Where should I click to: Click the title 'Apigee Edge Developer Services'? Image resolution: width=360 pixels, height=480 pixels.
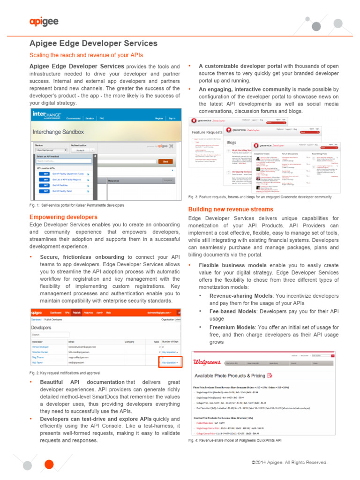pyautogui.click(x=93, y=44)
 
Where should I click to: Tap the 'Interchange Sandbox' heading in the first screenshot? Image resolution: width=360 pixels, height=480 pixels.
pyautogui.click(x=58, y=132)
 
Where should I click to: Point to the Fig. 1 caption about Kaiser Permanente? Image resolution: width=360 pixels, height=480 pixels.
pyautogui.click(x=76, y=205)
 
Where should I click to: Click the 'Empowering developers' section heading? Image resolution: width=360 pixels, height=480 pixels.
pyautogui.click(x=63, y=217)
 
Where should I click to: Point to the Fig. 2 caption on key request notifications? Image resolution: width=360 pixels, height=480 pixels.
pyautogui.click(x=71, y=373)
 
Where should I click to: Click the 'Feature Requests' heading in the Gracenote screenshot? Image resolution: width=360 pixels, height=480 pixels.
pyautogui.click(x=207, y=132)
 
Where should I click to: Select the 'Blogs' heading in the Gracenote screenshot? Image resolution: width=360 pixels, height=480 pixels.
pyautogui.click(x=232, y=142)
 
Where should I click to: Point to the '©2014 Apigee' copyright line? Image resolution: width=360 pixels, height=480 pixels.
pyautogui.click(x=289, y=462)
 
